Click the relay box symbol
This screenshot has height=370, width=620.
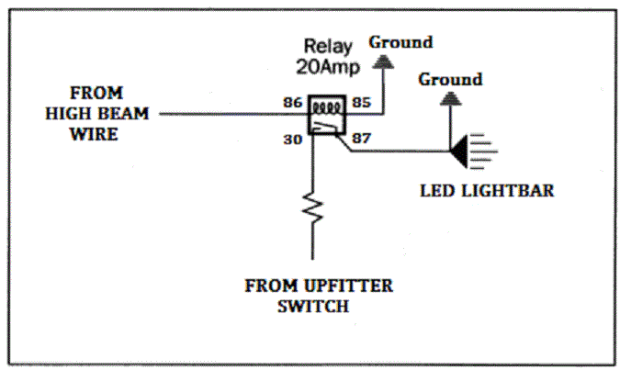[x=327, y=116]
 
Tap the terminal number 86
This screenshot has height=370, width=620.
[x=293, y=102]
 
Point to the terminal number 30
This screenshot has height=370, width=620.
[x=293, y=140]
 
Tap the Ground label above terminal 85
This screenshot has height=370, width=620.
[x=400, y=42]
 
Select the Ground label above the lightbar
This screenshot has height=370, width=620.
[x=450, y=80]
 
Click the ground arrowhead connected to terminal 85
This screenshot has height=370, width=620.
[x=382, y=63]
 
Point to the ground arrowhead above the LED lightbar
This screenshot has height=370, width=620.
[x=450, y=100]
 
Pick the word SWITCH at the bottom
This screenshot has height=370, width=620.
[x=313, y=306]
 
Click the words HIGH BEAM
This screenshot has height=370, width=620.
[x=99, y=114]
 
